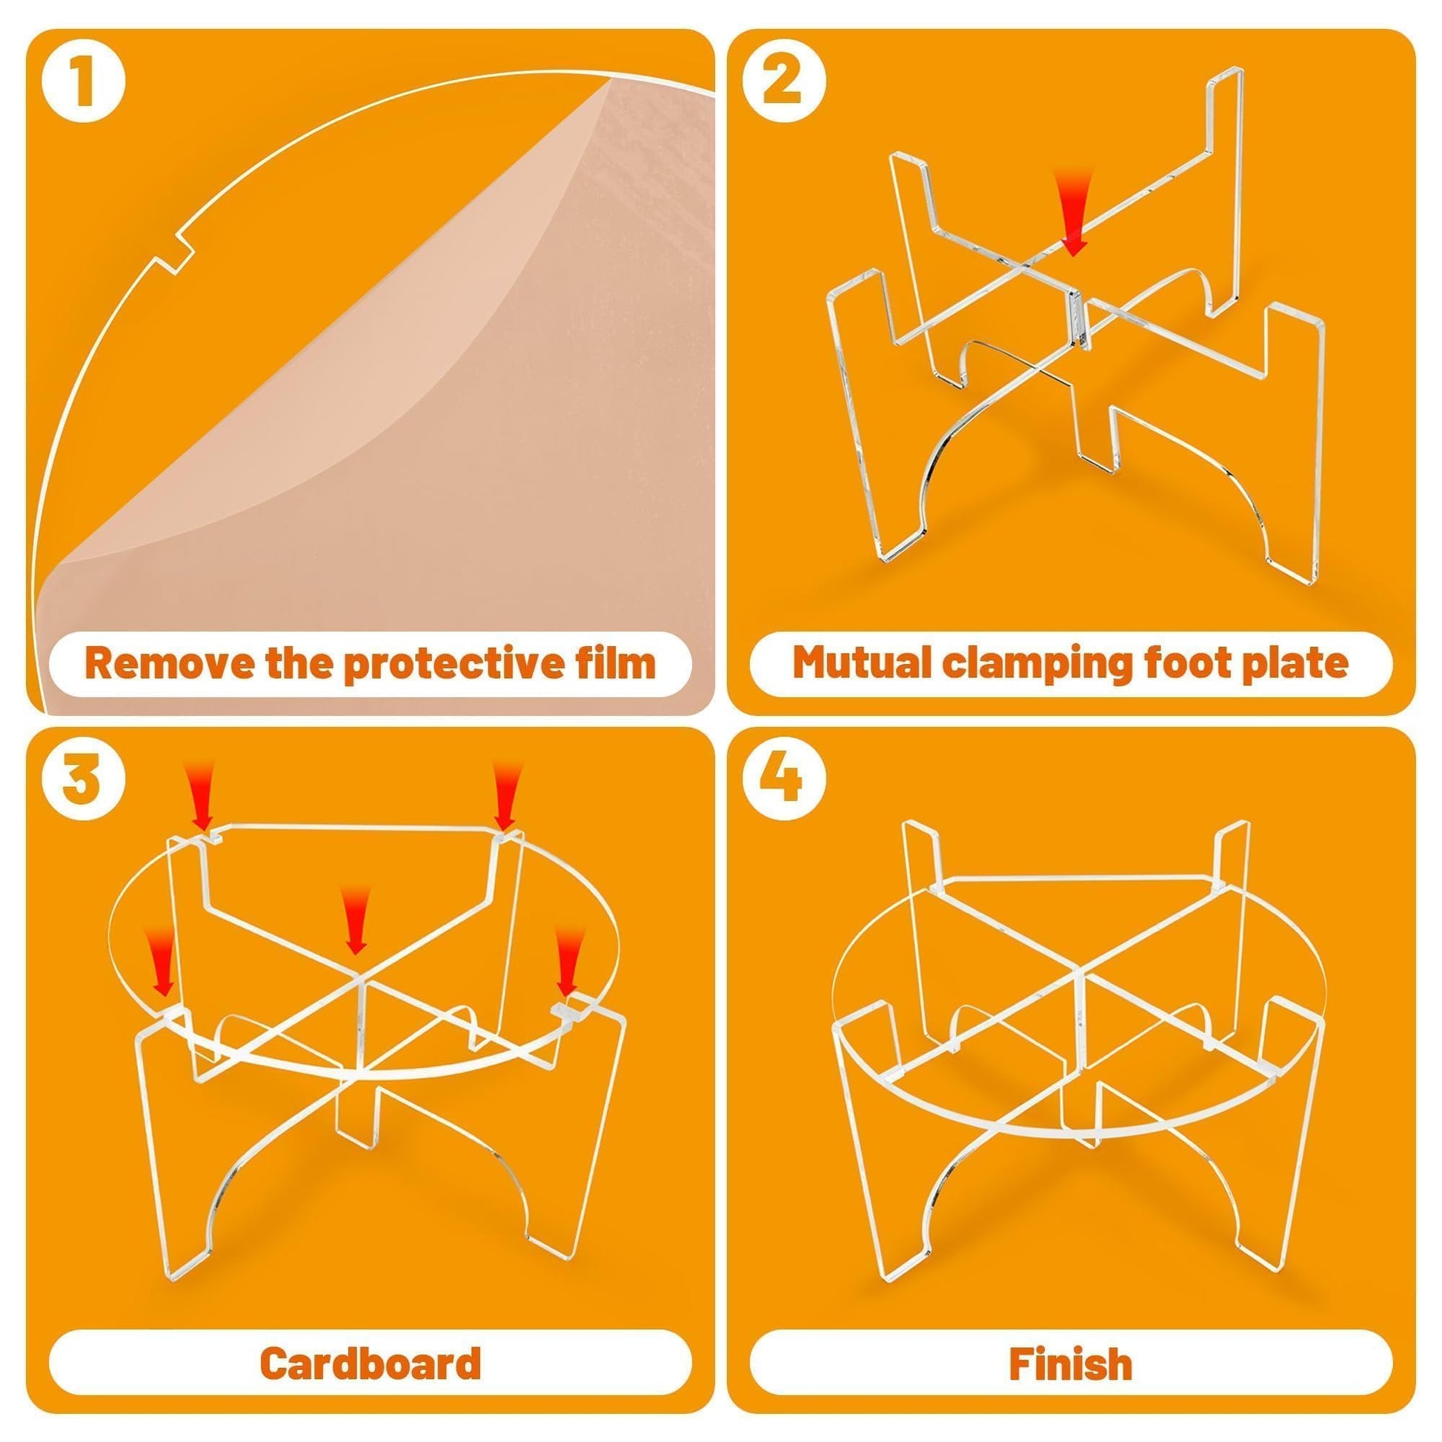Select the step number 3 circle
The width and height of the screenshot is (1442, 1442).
(82, 783)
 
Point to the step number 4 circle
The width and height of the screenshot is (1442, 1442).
(783, 783)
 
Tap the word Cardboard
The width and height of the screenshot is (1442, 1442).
(371, 1363)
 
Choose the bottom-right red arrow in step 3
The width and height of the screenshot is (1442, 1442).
(569, 963)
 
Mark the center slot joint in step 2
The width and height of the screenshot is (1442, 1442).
(1074, 319)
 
